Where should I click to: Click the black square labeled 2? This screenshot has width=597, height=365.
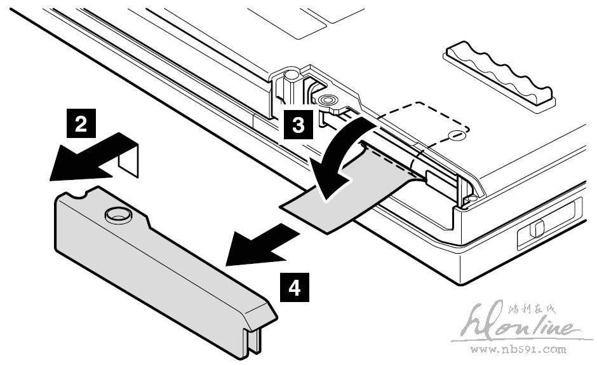point(81,123)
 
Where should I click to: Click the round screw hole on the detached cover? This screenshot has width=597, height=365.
point(116,214)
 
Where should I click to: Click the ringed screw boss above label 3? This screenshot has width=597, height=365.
point(328,100)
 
